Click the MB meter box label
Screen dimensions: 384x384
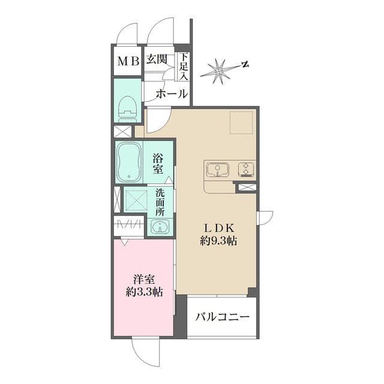[x=128, y=61]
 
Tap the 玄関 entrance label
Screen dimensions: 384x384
[x=158, y=61]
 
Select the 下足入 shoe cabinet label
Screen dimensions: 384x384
[x=183, y=67]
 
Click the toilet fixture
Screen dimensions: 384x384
[x=127, y=108]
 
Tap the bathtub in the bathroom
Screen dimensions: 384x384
[x=129, y=162]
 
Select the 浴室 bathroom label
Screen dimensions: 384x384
[x=158, y=164]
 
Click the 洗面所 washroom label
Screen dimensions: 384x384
[x=160, y=202]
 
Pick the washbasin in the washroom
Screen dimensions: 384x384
[x=159, y=227]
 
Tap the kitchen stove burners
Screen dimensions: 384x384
[x=247, y=169]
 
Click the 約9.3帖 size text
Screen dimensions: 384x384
[x=218, y=241]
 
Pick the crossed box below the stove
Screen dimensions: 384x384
[x=247, y=188]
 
